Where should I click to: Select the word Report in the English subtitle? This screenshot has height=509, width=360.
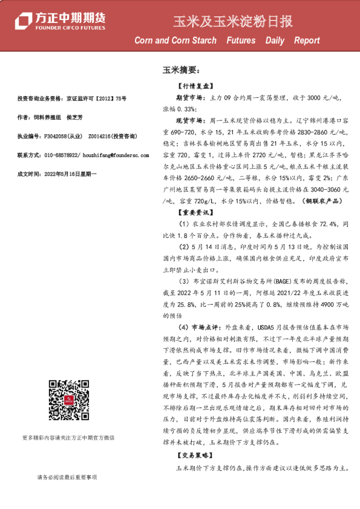(307, 41)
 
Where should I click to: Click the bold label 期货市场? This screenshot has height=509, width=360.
(191, 97)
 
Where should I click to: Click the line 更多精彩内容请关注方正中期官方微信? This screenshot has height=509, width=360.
(68, 438)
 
